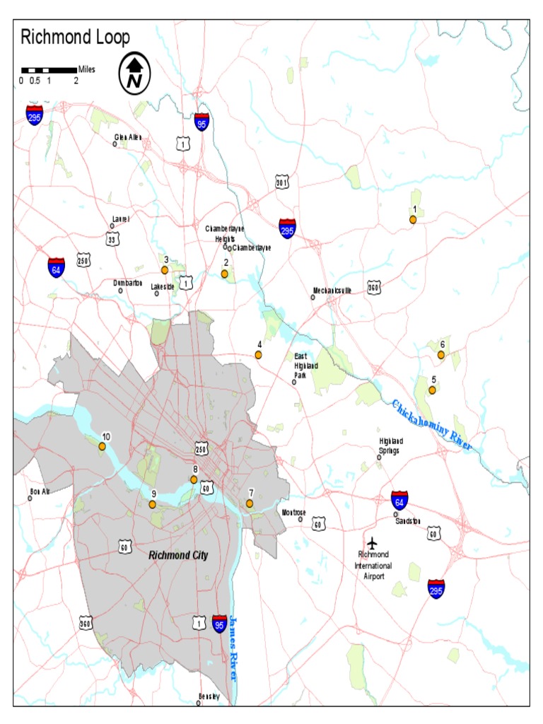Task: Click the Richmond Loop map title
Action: coord(75,37)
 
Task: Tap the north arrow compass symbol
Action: coord(134,72)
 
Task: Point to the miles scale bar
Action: coord(49,70)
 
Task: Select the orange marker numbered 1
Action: coord(413,220)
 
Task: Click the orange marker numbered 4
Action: coord(259,355)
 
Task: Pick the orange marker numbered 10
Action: coord(103,447)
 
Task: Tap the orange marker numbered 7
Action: coord(250,503)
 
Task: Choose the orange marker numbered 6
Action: coord(441,355)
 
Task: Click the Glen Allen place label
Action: coord(129,137)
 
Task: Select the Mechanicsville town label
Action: coord(332,291)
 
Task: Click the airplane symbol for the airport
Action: coord(373,542)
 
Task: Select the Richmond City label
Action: coord(178,556)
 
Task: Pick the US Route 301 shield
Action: coord(282,183)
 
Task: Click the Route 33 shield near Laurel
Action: coord(112,240)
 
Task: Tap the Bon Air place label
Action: coord(40,491)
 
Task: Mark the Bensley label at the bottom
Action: coord(209,696)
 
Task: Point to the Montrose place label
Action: coord(293,512)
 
